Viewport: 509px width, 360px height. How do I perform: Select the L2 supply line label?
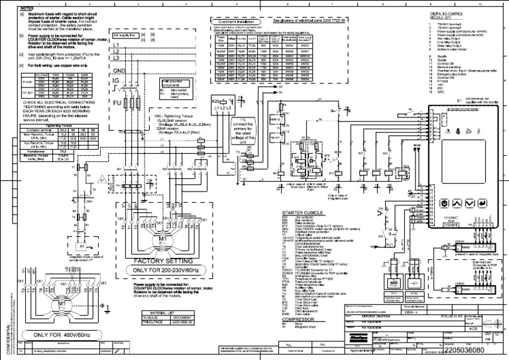(116, 52)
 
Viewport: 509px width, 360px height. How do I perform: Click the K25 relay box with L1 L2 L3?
(221, 103)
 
